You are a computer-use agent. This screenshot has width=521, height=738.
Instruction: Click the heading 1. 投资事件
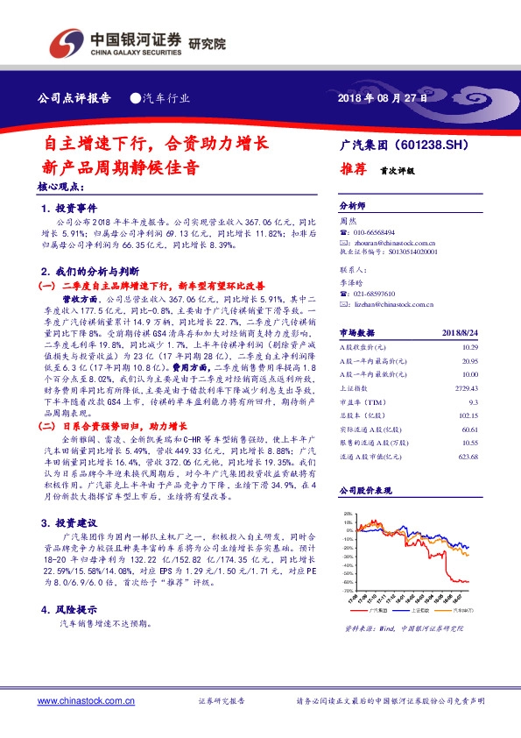(70, 209)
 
